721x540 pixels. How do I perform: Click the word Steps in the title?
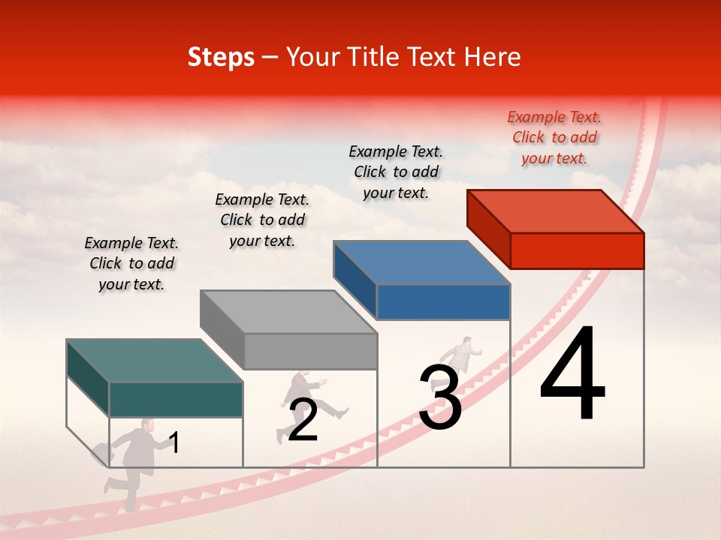221,57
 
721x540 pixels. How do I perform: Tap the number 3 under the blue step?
439,397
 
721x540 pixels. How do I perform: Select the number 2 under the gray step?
303,420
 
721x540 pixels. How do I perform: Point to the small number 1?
174,443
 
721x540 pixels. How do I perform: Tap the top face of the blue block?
422,262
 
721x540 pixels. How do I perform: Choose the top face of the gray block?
288,312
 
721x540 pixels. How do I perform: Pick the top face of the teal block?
155,361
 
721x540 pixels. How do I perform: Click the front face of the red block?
577,250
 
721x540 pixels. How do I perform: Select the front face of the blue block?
443,302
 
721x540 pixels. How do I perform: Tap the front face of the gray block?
310,351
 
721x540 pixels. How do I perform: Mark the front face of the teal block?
176,399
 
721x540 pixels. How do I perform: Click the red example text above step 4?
554,137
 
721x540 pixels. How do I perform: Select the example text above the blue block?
396,172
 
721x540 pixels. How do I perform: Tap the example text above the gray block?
262,220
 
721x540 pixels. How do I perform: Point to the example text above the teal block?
131,263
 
